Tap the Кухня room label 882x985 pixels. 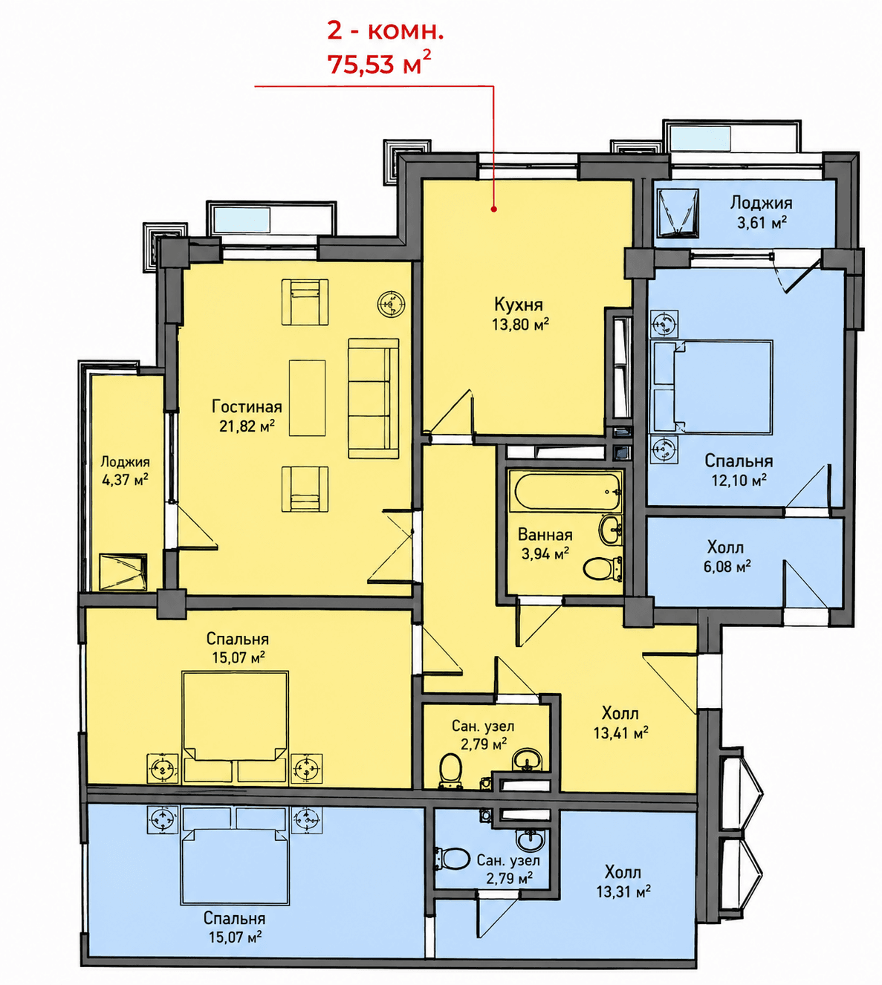pyautogui.click(x=519, y=305)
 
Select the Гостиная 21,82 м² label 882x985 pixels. pyautogui.click(x=247, y=416)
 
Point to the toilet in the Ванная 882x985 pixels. pyautogui.click(x=603, y=568)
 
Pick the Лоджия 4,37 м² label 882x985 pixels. pyautogui.click(x=125, y=471)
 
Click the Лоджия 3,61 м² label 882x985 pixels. pyautogui.click(x=762, y=212)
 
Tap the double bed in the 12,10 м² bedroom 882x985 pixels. pyautogui.click(x=713, y=386)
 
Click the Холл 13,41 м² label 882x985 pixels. pyautogui.click(x=620, y=723)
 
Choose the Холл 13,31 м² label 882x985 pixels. pyautogui.click(x=623, y=882)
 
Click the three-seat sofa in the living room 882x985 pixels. pyautogui.click(x=373, y=398)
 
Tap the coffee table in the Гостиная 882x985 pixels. pyautogui.click(x=307, y=397)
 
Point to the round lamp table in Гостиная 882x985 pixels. pyautogui.click(x=392, y=304)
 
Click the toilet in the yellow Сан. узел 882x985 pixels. pyautogui.click(x=450, y=771)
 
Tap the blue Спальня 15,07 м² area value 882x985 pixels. pyautogui.click(x=236, y=937)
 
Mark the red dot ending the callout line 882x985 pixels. pyautogui.click(x=494, y=209)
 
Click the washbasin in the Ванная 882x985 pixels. pyautogui.click(x=610, y=530)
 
